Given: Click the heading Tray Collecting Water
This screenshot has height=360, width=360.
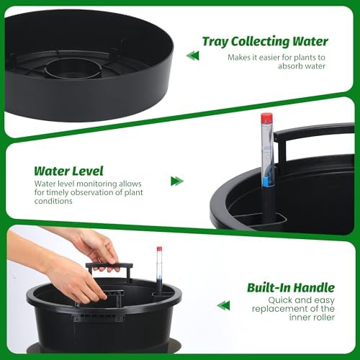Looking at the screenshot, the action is pos(265,41).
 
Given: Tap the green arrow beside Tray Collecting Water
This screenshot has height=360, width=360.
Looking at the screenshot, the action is pos(192,55).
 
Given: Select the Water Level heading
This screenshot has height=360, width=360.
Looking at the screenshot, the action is pos(68,171).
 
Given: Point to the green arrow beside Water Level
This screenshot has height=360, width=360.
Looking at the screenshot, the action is pos(177,181).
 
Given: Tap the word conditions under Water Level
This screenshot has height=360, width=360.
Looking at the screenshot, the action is pos(53,201).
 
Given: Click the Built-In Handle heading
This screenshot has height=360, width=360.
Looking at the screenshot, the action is pos(291,287).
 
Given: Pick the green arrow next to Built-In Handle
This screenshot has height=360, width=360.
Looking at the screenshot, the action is pos(223,305).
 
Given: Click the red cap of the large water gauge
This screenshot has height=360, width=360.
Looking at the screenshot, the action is pos(266,117).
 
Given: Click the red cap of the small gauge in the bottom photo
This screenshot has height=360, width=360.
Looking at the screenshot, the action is pos(159,249).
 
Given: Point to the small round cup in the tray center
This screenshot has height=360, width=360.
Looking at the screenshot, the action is pos(73,69).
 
